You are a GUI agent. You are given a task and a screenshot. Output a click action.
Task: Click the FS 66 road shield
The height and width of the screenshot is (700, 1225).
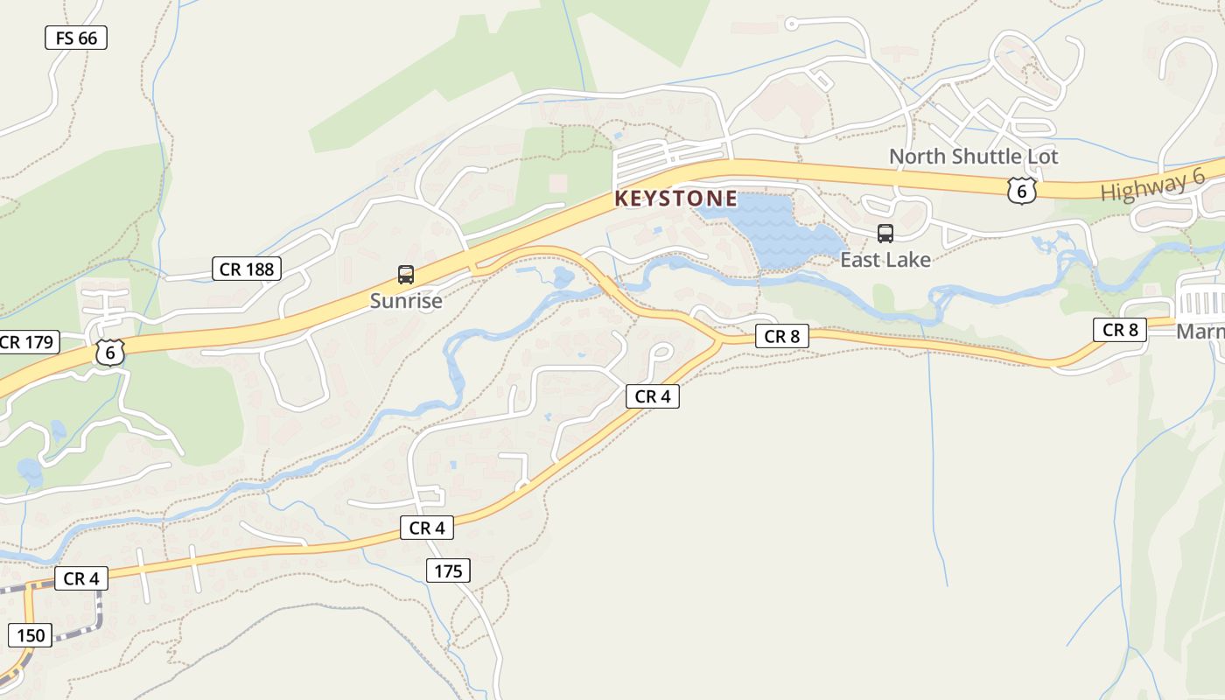[x=76, y=38]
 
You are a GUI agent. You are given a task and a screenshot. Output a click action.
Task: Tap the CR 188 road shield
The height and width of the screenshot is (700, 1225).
[x=247, y=269]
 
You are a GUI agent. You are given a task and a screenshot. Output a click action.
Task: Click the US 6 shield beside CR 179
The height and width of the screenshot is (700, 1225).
[x=110, y=353]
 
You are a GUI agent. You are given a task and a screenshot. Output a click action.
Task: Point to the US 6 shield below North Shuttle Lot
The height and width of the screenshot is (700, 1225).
[x=1021, y=190]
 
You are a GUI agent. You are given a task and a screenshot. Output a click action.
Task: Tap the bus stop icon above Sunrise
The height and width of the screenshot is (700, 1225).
[x=406, y=275]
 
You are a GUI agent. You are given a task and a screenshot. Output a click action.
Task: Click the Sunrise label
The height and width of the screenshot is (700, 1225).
[x=406, y=301]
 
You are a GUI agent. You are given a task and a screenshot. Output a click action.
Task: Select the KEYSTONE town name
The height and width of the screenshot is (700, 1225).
[x=675, y=199]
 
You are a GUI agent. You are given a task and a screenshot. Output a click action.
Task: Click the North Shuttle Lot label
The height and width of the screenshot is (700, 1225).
[x=973, y=157]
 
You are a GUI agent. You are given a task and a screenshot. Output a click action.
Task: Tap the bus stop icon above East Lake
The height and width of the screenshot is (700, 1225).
[x=885, y=234]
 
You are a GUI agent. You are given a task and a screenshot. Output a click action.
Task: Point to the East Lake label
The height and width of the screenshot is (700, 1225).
[x=885, y=259]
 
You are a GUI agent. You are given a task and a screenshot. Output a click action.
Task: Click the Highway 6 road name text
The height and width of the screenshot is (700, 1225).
[x=1152, y=185]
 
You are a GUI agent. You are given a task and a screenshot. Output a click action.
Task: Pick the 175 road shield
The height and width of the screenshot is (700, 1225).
[x=449, y=571]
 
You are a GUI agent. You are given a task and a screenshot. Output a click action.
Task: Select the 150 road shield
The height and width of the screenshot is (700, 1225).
[x=31, y=634]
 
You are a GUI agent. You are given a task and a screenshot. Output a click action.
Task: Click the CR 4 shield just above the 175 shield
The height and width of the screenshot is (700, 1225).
[x=427, y=528]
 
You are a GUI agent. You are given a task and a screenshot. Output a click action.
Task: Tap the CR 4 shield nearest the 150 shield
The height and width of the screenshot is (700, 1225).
[x=80, y=578]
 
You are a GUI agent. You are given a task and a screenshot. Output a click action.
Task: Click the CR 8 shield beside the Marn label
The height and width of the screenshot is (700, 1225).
[x=1120, y=330]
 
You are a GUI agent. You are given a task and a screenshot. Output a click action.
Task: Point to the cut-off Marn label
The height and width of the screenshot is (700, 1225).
[x=1200, y=332]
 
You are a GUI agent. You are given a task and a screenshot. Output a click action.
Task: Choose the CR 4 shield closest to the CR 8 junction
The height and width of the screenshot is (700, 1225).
[x=653, y=396]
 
